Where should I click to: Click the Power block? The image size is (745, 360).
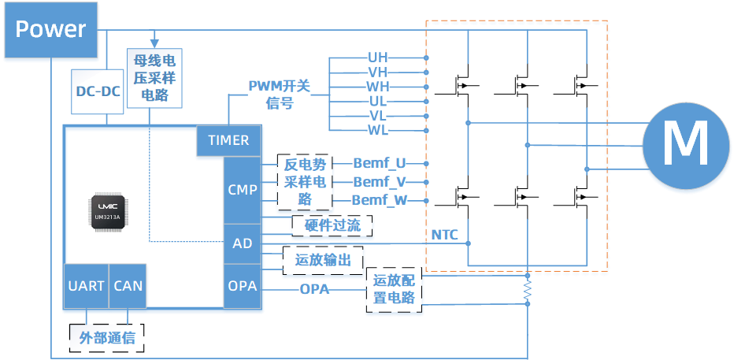point(51,31)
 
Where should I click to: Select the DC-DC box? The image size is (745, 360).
point(98,91)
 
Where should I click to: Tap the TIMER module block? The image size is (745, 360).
point(228,140)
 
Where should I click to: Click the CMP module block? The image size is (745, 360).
point(242,190)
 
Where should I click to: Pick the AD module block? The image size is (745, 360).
point(242,243)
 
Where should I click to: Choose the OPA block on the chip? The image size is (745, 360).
point(242,285)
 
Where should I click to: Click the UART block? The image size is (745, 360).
point(86,285)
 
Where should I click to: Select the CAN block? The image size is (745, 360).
point(128,285)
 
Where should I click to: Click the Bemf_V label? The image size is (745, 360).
point(379,182)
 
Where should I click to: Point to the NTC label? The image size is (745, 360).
point(445,235)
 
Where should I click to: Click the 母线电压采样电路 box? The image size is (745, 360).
point(154,76)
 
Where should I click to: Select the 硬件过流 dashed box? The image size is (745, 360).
point(332,227)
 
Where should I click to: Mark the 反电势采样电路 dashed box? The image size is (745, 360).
point(305,182)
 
